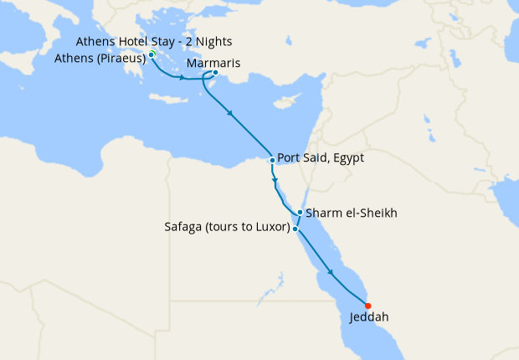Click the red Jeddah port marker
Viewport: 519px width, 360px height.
[368, 306]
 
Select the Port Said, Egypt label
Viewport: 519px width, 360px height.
[321, 158]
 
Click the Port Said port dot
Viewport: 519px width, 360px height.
[273, 160]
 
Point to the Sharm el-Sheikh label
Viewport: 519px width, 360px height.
[352, 213]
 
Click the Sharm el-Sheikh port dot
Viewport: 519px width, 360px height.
[300, 213]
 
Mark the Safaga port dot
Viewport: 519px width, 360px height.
[296, 228]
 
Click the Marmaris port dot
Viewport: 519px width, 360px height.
[215, 73]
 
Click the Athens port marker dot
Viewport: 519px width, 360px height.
[152, 55]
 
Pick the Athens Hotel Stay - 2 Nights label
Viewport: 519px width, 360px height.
[154, 42]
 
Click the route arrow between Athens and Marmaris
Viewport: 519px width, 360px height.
[182, 78]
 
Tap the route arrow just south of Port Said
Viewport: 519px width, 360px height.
[275, 179]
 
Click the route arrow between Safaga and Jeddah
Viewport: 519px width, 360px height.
[332, 272]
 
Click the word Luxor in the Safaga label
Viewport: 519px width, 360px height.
[270, 228]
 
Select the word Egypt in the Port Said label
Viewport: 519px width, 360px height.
[349, 158]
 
